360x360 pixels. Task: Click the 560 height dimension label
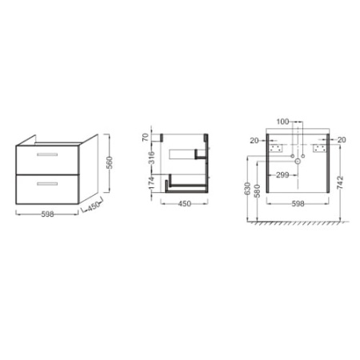[110, 162]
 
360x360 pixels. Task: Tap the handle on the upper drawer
[47, 154]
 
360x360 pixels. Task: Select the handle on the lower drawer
[47, 184]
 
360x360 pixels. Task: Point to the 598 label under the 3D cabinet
[47, 214]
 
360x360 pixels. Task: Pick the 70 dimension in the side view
[146, 138]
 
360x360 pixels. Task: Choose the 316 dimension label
[151, 158]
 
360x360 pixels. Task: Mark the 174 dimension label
[151, 183]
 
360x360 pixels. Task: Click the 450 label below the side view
[185, 204]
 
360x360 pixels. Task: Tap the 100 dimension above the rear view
[282, 122]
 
